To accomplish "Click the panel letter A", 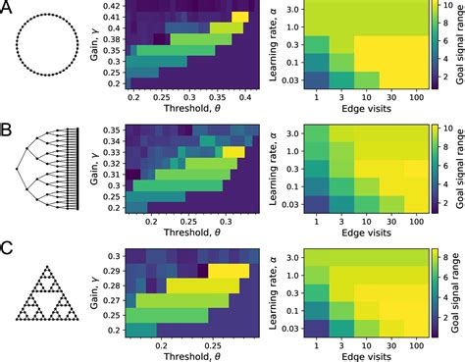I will pos(7,8).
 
